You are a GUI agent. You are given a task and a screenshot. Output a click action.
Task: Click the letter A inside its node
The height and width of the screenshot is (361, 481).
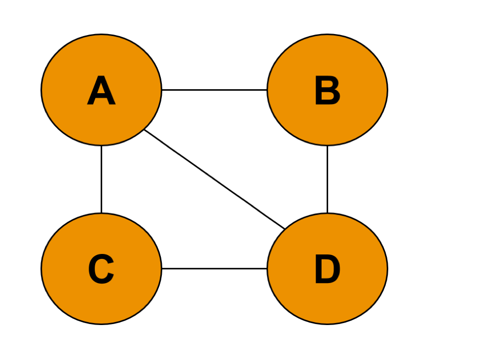tap(101, 91)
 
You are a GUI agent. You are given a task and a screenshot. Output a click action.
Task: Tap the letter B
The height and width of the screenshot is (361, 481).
tap(327, 91)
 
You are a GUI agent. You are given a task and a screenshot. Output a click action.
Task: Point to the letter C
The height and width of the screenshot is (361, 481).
tap(101, 270)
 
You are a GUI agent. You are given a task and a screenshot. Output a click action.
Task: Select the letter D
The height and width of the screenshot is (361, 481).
tap(327, 270)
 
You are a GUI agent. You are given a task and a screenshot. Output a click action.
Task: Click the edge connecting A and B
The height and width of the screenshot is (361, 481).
tap(215, 90)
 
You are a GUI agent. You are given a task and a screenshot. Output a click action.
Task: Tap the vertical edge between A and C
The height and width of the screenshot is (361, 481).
tap(101, 180)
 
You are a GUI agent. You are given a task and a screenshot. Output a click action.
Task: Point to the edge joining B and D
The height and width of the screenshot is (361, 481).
tap(327, 180)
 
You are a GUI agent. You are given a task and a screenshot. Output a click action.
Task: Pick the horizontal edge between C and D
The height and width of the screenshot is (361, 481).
tap(215, 269)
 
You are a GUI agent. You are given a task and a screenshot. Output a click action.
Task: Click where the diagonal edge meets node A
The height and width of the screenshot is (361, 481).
tap(145, 130)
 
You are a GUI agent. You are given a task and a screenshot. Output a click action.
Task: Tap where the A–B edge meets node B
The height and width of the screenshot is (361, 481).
tap(267, 90)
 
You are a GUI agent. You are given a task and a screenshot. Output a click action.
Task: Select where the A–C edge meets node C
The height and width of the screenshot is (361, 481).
tap(101, 213)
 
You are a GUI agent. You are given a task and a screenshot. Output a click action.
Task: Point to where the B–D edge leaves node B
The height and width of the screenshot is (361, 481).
tap(327, 146)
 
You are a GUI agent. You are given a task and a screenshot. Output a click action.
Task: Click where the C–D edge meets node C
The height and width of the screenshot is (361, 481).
tap(162, 269)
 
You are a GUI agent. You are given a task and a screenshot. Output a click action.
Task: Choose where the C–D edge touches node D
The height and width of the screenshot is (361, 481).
tap(267, 269)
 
